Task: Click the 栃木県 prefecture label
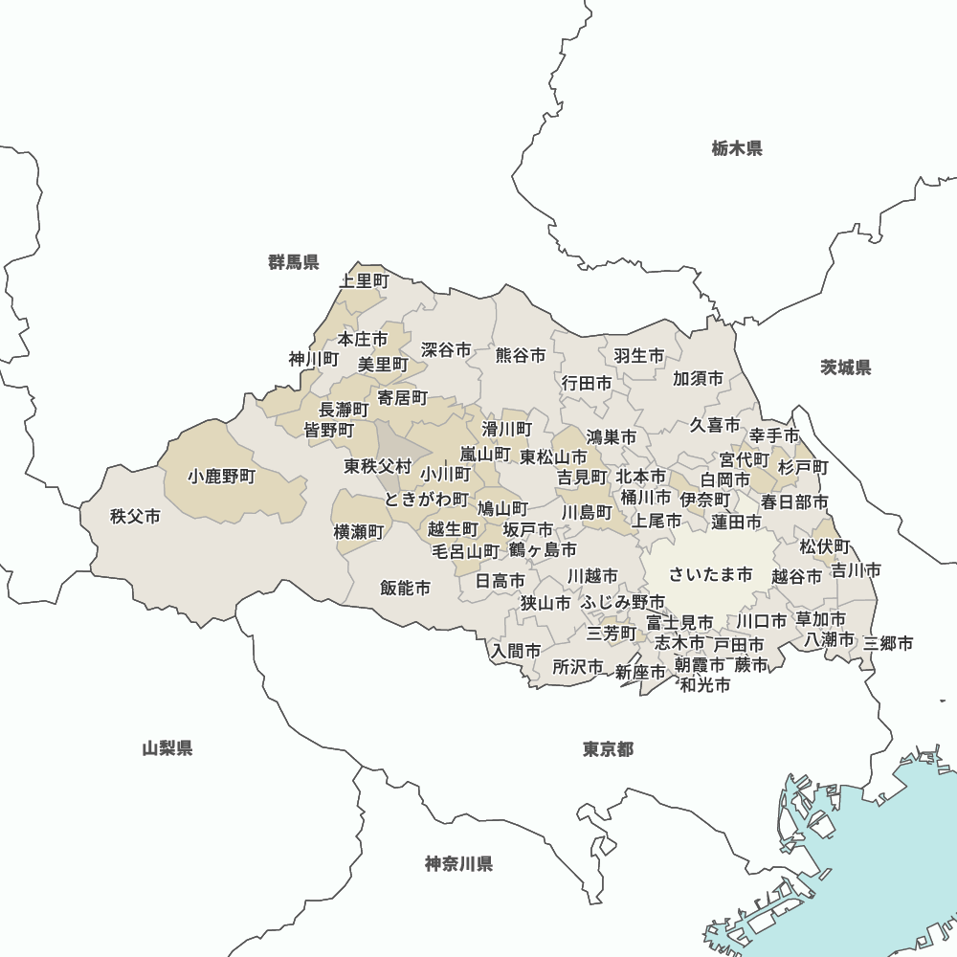(737, 148)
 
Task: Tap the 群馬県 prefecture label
(294, 262)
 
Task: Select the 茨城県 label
(846, 367)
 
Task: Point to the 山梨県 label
(167, 748)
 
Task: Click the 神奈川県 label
(459, 864)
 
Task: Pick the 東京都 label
(608, 748)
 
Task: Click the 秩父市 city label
(135, 517)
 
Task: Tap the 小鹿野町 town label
(222, 476)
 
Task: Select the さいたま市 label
(710, 574)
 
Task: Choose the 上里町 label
(365, 280)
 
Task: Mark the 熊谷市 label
(521, 355)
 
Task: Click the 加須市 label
(698, 378)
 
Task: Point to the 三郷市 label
(888, 643)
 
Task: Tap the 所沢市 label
(578, 666)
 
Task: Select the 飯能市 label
(405, 588)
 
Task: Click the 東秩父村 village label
(378, 467)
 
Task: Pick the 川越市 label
(592, 576)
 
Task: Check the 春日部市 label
(795, 501)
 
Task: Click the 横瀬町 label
(359, 531)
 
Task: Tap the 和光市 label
(705, 685)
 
